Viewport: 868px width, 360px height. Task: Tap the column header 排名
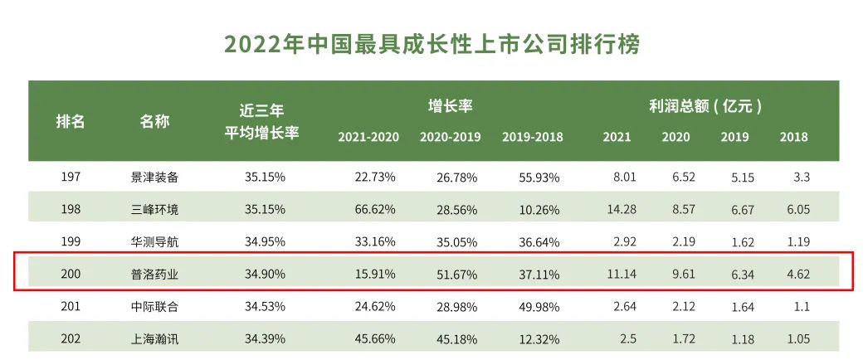(71, 121)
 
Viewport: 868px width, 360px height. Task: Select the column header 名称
(154, 121)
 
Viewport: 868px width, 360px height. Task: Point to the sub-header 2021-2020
(368, 137)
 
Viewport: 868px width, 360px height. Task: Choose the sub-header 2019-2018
(532, 137)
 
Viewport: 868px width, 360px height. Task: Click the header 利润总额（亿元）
(705, 106)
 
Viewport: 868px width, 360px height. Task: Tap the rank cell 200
(71, 274)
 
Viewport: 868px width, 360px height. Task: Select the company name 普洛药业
(154, 274)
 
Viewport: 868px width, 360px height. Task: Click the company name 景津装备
(154, 177)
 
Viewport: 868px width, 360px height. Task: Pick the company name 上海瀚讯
(154, 338)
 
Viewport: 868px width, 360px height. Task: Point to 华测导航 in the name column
(154, 241)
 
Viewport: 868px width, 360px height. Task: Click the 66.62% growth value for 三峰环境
(374, 209)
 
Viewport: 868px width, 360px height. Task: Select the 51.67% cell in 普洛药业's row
(456, 274)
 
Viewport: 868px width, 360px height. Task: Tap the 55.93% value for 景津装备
(539, 177)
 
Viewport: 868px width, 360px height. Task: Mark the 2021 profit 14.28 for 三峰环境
(622, 209)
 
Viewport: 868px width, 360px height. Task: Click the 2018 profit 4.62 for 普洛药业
(796, 274)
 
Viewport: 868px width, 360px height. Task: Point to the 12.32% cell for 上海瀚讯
(539, 338)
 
